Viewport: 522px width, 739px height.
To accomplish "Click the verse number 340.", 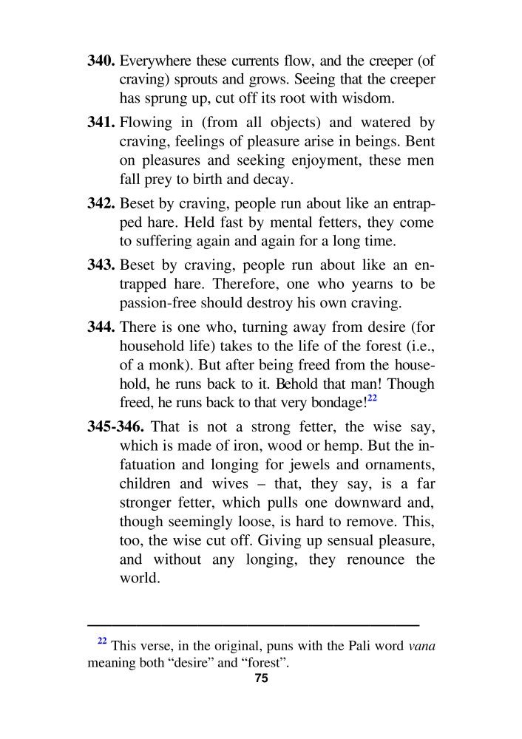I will point(102,60).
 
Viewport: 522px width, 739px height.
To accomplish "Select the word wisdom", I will point(356,98).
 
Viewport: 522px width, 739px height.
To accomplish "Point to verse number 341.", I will point(102,122).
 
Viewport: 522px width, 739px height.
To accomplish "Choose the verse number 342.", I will point(102,203).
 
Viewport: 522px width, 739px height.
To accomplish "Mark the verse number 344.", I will point(102,327).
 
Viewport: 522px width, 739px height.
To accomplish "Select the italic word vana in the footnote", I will point(421,647).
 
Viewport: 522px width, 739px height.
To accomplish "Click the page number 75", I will point(260,678).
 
